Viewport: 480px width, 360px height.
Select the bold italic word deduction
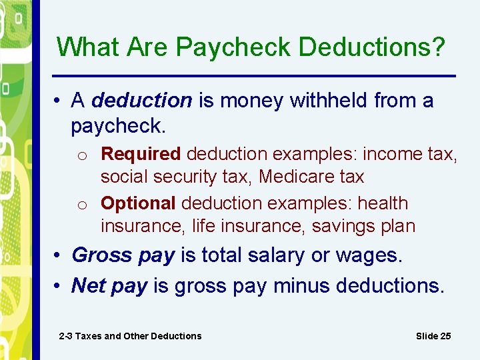(142, 101)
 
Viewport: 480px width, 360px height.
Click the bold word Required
(141, 154)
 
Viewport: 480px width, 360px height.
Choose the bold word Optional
(138, 203)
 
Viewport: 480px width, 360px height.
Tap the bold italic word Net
(89, 286)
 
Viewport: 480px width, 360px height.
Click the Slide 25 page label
(433, 336)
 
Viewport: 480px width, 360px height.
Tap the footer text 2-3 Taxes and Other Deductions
(130, 336)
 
